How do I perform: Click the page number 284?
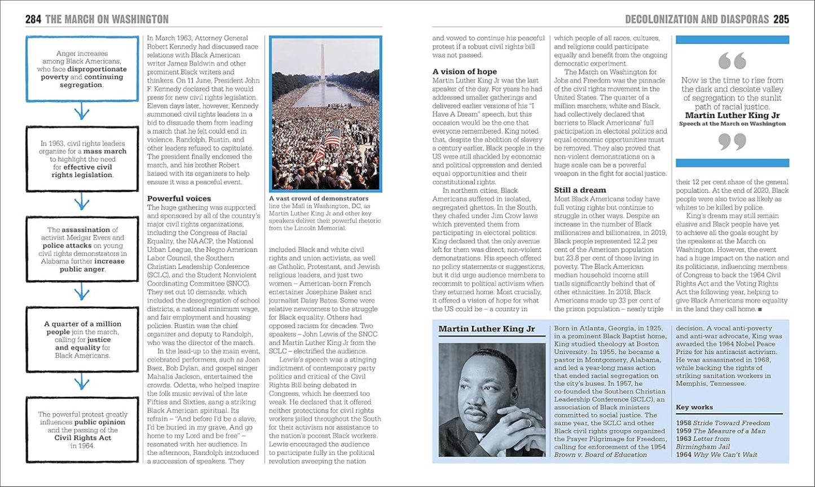33,20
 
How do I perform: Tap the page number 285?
781,20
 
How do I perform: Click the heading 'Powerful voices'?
179,198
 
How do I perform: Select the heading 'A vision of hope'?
464,72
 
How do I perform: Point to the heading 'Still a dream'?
580,190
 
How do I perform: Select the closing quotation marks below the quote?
732,141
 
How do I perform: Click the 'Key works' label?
694,407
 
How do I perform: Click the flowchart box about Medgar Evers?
82,249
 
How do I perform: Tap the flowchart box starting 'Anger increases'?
82,69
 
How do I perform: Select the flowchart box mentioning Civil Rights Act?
82,430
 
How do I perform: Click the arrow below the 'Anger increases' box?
82,113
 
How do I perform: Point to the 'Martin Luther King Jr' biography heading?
486,329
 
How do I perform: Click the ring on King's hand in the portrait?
528,422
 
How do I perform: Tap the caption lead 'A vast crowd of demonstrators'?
319,198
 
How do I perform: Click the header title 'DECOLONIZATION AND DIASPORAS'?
697,20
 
